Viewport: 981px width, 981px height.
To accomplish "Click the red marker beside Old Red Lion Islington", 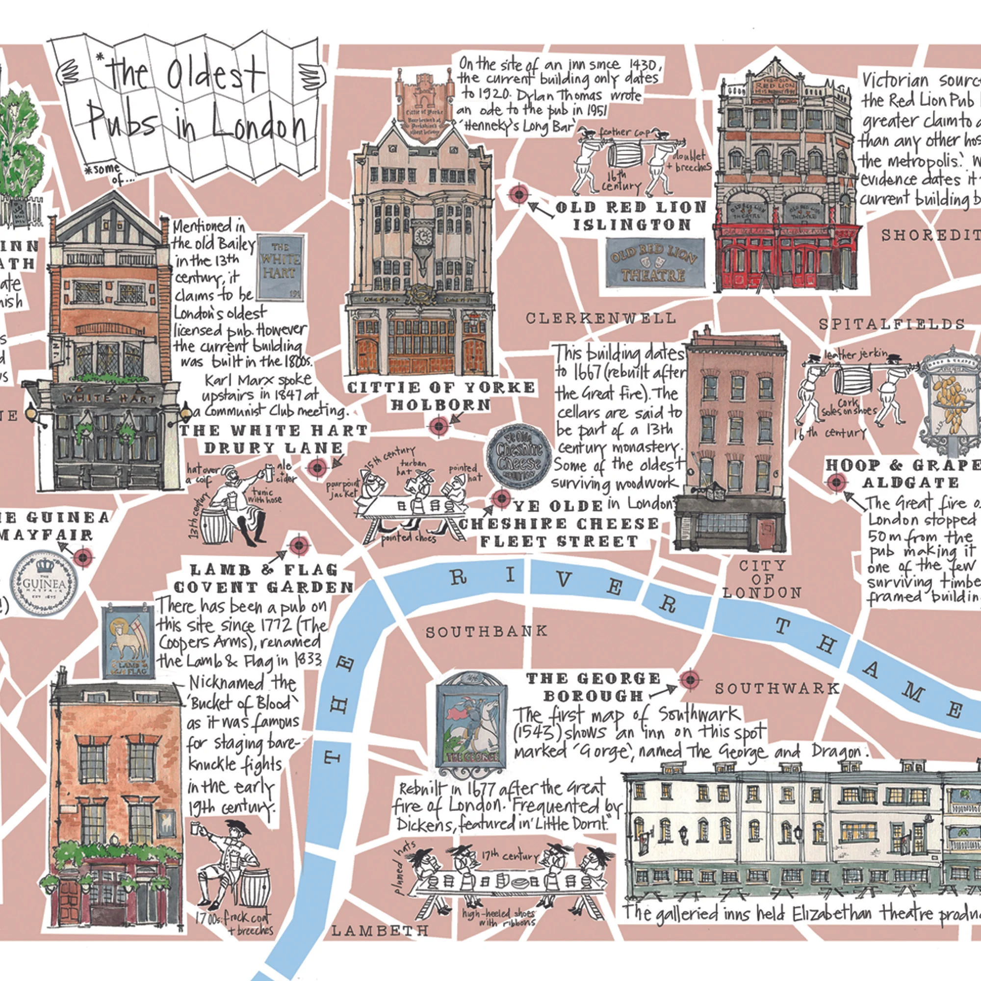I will (x=518, y=194).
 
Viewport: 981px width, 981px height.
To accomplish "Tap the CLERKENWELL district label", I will (x=601, y=318).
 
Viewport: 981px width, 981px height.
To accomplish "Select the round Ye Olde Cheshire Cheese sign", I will (x=519, y=457).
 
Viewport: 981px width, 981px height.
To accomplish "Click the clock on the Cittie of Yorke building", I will (x=422, y=235).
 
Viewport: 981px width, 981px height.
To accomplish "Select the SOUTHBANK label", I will (x=487, y=632).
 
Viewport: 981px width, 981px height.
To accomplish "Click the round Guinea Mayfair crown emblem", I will (x=45, y=582).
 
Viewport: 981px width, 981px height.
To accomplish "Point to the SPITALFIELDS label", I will (x=892, y=324).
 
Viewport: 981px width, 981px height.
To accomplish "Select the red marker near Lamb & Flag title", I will (x=299, y=546).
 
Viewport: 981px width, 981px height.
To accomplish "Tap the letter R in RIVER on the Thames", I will (x=459, y=577).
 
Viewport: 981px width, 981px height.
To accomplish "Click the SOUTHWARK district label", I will (x=777, y=689).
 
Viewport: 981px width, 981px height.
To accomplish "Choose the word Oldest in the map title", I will (x=216, y=76).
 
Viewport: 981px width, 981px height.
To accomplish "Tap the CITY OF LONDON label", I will (x=762, y=579).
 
